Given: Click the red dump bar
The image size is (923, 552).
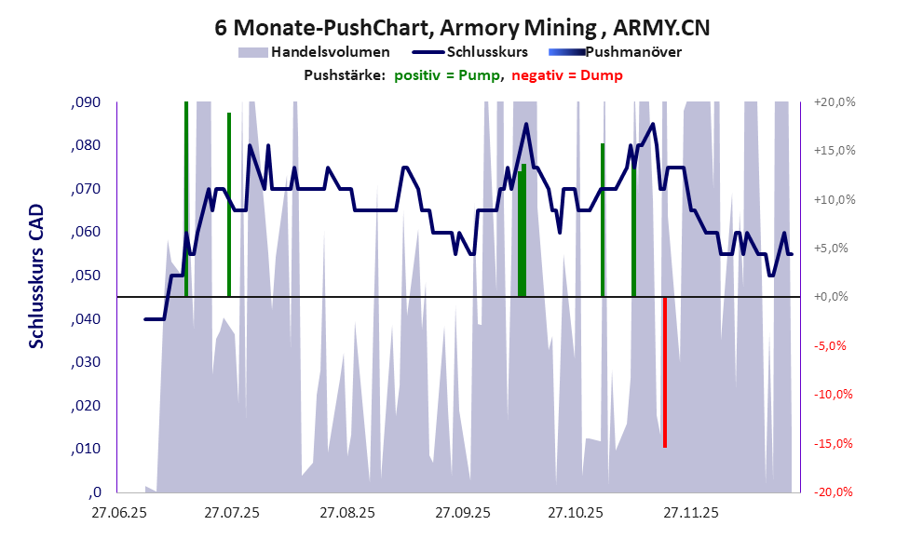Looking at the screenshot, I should coord(664,371).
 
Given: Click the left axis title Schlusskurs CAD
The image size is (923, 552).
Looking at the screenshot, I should coord(36,276).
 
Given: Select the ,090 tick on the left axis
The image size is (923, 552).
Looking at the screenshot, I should coord(86,102).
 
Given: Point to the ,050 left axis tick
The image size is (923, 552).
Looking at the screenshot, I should coord(86,276).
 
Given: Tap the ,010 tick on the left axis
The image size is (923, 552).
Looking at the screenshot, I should coord(86,450).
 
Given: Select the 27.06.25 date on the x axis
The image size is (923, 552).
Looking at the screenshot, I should coord(117,513).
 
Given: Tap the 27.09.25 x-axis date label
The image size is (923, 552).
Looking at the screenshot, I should coord(462,513).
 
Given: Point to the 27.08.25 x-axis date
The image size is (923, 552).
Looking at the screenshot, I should coord(346,513).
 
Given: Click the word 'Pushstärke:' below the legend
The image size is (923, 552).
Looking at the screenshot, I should coord(345,75).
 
